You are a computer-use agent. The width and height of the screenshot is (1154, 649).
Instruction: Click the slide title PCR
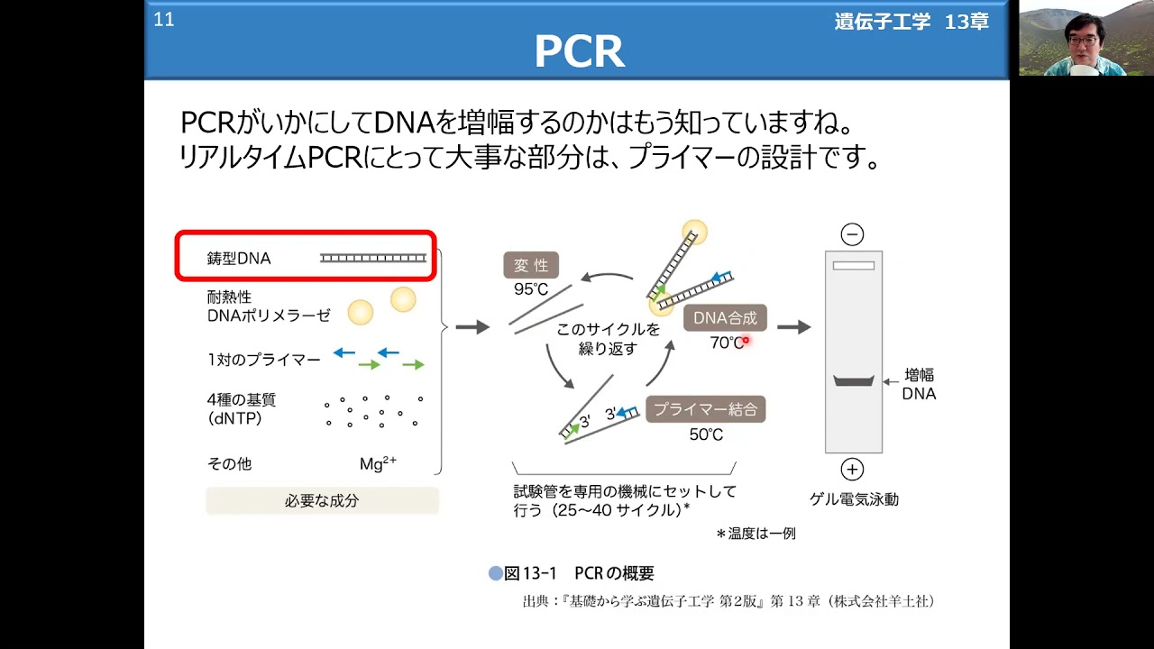(x=580, y=51)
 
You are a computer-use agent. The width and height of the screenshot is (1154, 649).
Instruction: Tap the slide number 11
(x=164, y=20)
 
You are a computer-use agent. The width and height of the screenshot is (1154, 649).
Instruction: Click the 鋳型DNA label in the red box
(x=239, y=258)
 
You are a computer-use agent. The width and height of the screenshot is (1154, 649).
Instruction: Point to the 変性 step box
(x=531, y=265)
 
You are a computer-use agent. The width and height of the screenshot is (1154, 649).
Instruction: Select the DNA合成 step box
(x=725, y=318)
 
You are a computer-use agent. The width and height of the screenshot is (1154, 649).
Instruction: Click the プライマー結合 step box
(x=706, y=409)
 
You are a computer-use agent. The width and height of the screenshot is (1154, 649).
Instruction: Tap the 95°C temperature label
(x=531, y=289)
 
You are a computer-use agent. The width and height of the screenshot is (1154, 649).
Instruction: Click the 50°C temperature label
(x=706, y=434)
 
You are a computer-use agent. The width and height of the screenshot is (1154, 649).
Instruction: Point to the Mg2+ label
(x=378, y=463)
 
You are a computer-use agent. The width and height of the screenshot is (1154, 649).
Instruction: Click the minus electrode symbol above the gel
(x=852, y=235)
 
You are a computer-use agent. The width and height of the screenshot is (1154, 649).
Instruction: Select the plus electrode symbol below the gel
(x=852, y=470)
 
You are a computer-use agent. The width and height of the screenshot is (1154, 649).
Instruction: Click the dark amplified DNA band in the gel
(x=854, y=381)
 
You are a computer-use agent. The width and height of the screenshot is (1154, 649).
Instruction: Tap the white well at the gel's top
(x=854, y=266)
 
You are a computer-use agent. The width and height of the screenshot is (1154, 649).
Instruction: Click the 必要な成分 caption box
(x=322, y=500)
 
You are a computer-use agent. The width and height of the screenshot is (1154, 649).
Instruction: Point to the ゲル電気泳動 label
(x=854, y=499)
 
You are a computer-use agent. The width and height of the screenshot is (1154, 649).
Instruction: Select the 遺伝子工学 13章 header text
(x=911, y=22)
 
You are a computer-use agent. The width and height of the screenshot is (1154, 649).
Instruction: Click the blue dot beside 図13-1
(x=496, y=573)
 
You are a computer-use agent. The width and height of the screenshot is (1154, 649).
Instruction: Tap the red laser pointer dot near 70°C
(x=746, y=340)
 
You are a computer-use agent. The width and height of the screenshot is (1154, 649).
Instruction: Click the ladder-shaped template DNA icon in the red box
(x=373, y=258)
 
